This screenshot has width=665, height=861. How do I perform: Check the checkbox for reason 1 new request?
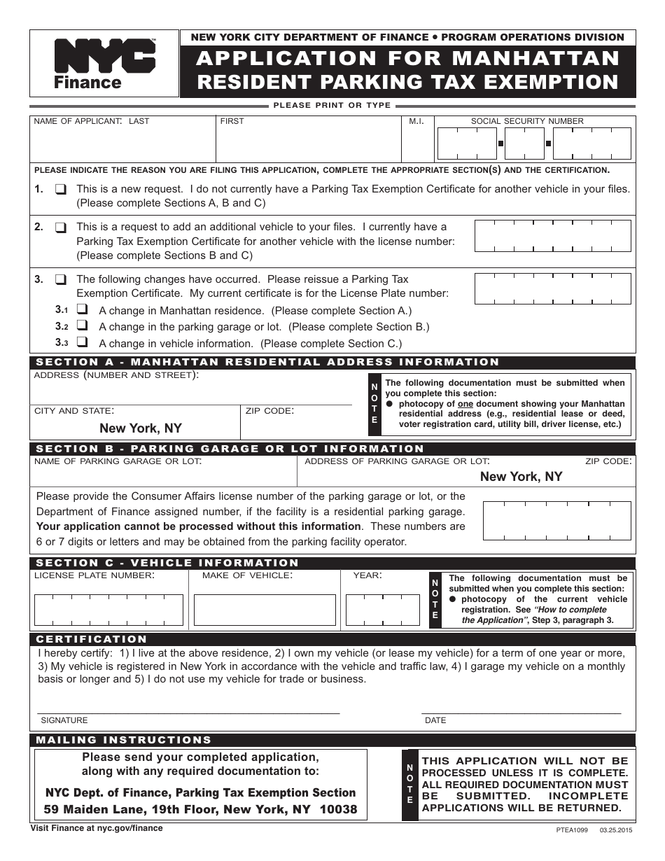click(62, 189)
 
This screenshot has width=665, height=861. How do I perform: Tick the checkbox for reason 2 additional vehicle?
click(62, 227)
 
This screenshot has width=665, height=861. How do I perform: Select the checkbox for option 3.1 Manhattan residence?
click(83, 310)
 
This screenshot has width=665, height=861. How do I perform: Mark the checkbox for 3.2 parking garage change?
click(83, 326)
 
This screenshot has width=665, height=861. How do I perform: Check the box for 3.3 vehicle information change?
click(83, 343)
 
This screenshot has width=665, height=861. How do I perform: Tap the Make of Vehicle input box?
click(267, 610)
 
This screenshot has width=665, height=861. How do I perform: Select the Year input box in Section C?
click(382, 610)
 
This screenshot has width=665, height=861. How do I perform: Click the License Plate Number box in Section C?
click(108, 610)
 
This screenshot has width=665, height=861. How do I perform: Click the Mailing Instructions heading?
click(123, 740)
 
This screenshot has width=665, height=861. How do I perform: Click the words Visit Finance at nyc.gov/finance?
click(97, 828)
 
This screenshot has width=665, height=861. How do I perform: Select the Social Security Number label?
click(526, 121)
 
